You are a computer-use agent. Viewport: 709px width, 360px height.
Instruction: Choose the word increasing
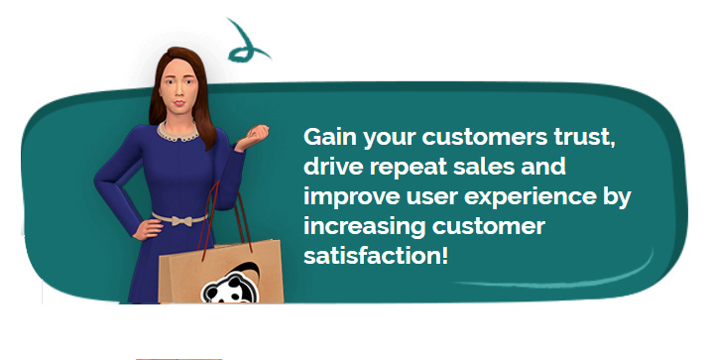[x=365, y=227]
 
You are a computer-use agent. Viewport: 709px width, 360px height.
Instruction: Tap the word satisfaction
[x=372, y=256]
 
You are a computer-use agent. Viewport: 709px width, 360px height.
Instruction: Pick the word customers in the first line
[x=485, y=138]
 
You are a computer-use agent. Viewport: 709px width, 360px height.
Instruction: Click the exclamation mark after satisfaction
[x=444, y=256]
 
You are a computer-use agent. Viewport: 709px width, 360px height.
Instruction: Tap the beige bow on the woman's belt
[x=180, y=221]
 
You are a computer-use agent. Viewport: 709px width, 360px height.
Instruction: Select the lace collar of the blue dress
[x=177, y=133]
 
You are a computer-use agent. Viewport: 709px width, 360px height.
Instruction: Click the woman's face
[x=178, y=88]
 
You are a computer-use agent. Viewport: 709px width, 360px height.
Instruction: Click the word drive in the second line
[x=333, y=166]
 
